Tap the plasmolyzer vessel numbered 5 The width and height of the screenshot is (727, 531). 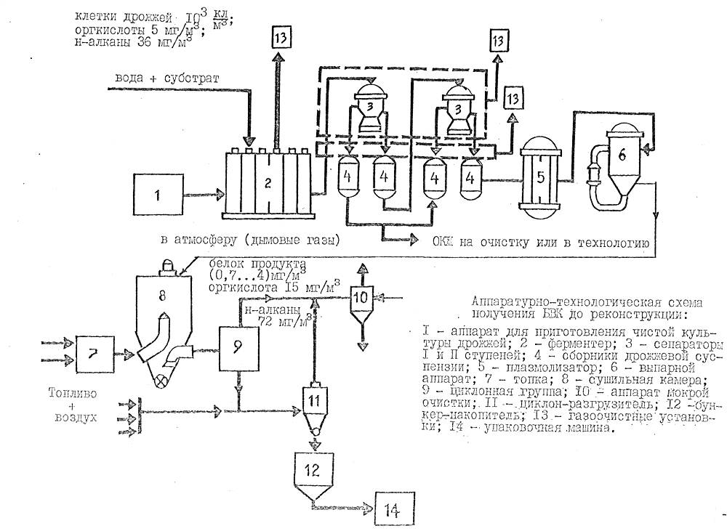tap(539, 177)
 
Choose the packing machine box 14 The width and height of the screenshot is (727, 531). tap(395, 509)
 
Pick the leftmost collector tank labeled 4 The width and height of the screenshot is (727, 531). tap(348, 179)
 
